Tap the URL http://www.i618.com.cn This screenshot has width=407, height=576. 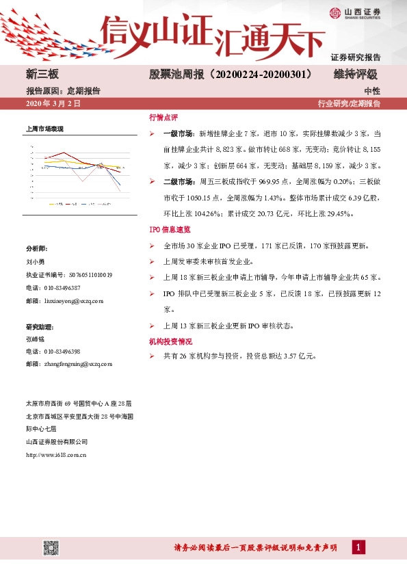(57, 454)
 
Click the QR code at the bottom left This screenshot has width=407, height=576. (51, 547)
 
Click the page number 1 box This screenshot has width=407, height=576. (358, 547)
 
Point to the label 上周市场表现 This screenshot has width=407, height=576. (44, 129)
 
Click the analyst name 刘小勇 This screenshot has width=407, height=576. (34, 261)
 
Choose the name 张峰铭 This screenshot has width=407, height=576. (34, 338)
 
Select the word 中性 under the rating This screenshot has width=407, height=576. (372, 90)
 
